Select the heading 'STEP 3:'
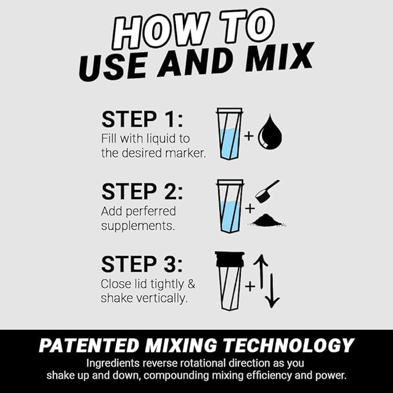tap(142, 264)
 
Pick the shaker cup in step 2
tap(229, 207)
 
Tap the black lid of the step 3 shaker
tap(229, 259)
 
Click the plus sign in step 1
tap(249, 137)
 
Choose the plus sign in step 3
tap(249, 285)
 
